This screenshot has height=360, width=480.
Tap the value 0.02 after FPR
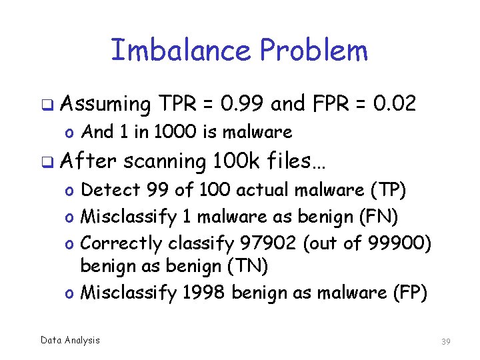pyautogui.click(x=395, y=103)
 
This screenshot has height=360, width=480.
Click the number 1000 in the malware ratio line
pyautogui.click(x=175, y=132)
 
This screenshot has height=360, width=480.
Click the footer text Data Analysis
pyautogui.click(x=70, y=340)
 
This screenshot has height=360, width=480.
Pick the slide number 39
pyautogui.click(x=446, y=341)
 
